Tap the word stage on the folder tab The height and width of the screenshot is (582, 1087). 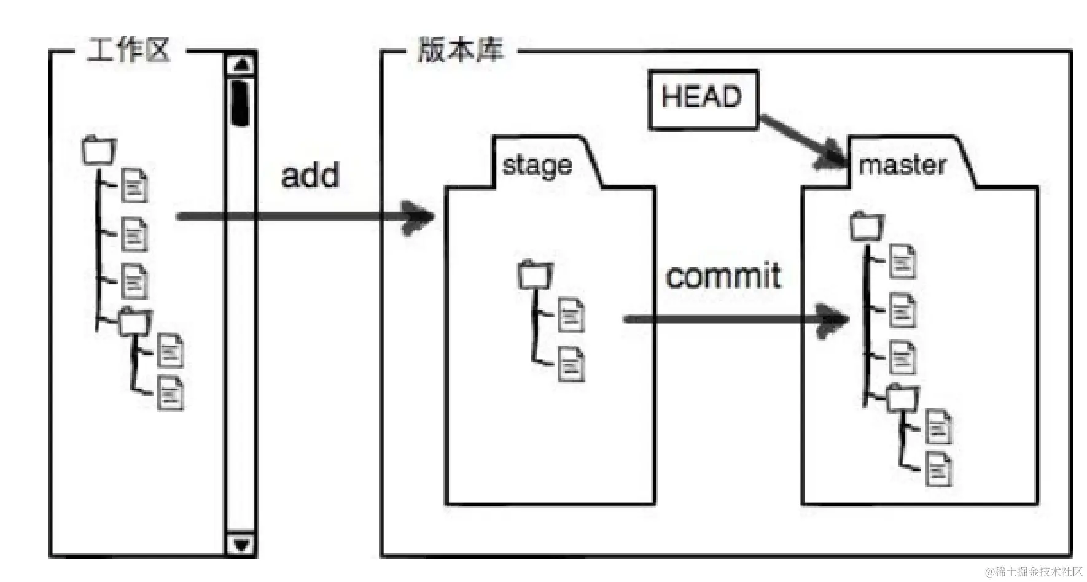click(x=537, y=165)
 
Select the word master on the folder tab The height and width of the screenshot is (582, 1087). click(x=902, y=165)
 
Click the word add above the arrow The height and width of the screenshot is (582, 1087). click(x=310, y=176)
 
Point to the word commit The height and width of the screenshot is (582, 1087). click(x=723, y=276)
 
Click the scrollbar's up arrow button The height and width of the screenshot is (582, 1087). click(x=242, y=64)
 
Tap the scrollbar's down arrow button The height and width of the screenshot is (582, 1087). click(x=241, y=544)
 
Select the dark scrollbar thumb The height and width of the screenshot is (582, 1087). click(x=240, y=101)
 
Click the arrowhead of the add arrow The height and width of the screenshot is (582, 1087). click(x=420, y=217)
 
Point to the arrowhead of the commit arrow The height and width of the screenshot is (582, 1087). click(x=835, y=319)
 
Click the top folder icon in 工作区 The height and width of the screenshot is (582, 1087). click(x=98, y=150)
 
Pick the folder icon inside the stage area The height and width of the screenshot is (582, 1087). click(x=536, y=275)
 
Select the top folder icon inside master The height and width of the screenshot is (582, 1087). click(x=867, y=226)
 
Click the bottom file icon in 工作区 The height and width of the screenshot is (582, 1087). click(x=170, y=394)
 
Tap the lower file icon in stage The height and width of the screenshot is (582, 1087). click(x=571, y=365)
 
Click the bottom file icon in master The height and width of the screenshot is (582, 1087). click(x=938, y=469)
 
